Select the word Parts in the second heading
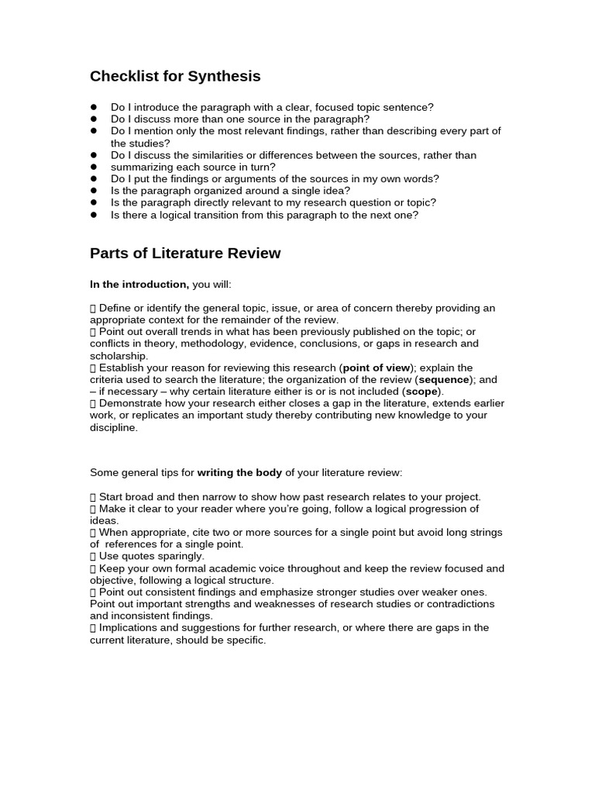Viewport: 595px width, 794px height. pos(109,254)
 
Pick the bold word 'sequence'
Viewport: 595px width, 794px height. pos(444,380)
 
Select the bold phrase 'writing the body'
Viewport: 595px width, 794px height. pos(240,472)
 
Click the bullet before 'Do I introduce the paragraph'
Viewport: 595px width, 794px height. pos(94,108)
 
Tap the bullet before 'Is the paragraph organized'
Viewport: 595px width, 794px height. pos(94,191)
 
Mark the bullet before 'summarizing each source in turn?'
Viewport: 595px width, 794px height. pos(94,167)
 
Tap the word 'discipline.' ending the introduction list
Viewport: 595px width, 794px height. pos(114,427)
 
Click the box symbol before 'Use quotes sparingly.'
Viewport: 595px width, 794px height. pos(93,556)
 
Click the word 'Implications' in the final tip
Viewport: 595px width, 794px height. pos(129,628)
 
